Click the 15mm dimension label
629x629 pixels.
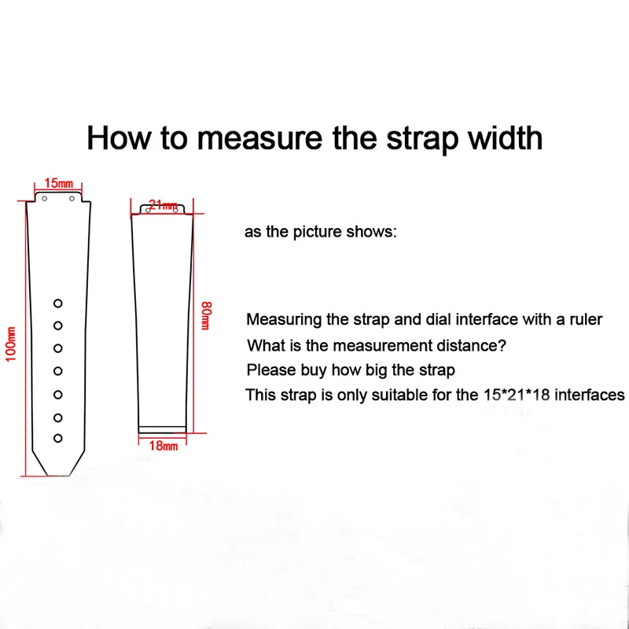pyautogui.click(x=57, y=183)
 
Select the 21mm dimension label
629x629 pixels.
pyautogui.click(x=163, y=205)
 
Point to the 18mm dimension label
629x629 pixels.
pyautogui.click(x=164, y=446)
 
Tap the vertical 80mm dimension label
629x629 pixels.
pyautogui.click(x=206, y=314)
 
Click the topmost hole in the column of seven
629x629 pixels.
pyautogui.click(x=57, y=303)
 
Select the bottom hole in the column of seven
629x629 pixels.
pyautogui.click(x=57, y=438)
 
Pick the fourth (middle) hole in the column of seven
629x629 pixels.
pyautogui.click(x=57, y=370)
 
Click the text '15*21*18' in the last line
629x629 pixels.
pyautogui.click(x=515, y=395)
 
